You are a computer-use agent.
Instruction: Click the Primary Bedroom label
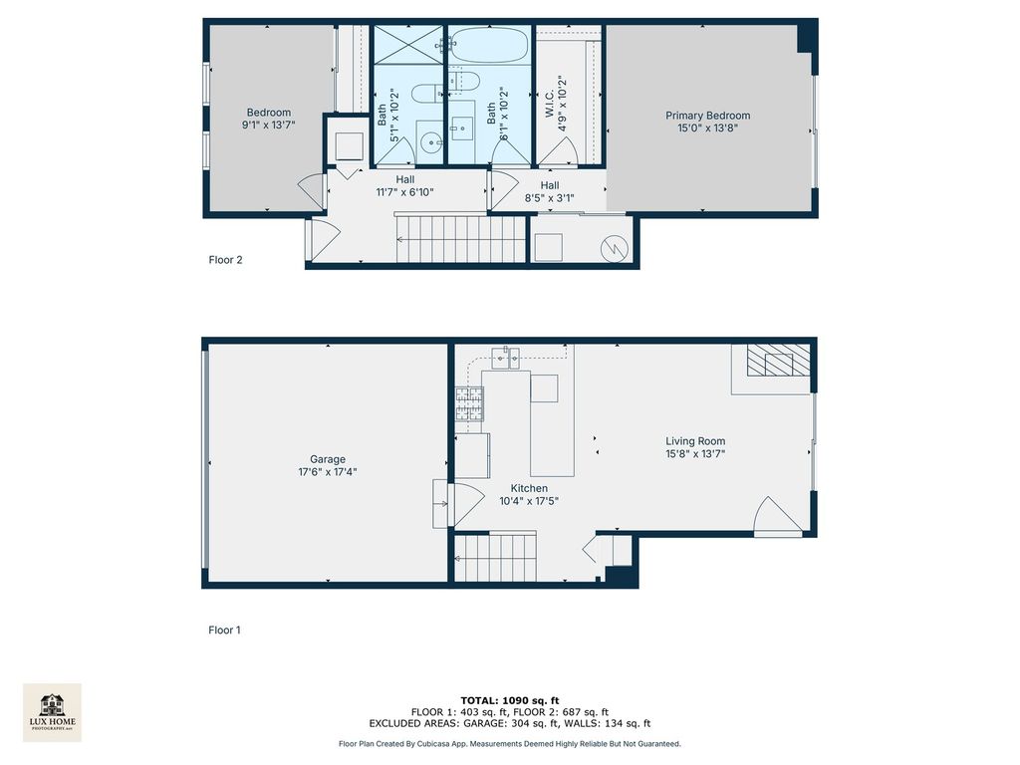708,116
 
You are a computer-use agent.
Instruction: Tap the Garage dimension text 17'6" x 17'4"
328,471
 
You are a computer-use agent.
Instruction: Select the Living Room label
695,441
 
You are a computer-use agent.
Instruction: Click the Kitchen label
529,488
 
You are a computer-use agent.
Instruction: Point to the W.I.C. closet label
550,104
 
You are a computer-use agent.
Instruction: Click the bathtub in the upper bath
489,45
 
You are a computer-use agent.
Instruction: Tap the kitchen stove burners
469,403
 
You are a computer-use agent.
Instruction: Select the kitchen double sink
505,358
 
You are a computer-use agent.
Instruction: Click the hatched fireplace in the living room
778,360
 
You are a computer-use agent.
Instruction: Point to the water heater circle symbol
614,248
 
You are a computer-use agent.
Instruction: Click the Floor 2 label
225,260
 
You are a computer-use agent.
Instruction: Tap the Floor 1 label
224,630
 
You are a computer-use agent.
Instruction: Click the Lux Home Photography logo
52,712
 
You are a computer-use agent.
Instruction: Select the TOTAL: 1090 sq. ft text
510,700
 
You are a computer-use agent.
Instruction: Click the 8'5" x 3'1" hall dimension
550,198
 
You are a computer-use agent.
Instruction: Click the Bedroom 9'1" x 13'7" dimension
269,125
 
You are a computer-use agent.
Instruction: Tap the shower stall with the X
407,45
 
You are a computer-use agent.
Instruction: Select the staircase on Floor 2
460,239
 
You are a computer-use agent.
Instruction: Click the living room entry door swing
777,517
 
